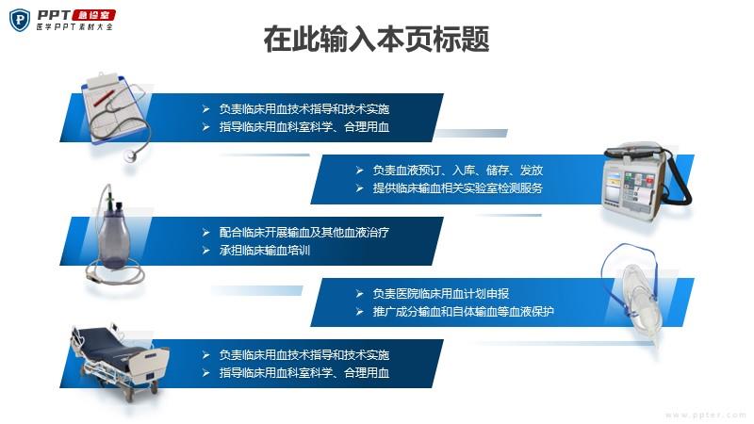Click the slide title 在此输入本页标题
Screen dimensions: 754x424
click(376, 40)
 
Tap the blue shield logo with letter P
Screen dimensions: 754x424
click(20, 20)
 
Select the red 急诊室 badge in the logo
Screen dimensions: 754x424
click(93, 15)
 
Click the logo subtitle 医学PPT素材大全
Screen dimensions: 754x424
click(75, 27)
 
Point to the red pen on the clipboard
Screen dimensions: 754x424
click(106, 98)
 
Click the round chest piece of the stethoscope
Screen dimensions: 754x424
click(130, 155)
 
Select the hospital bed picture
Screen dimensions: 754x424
click(119, 360)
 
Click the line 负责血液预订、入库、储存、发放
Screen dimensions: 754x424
click(458, 171)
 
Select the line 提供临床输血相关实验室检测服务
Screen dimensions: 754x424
click(458, 188)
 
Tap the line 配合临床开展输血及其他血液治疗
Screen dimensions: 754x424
click(304, 233)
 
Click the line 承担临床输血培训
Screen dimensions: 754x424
click(265, 251)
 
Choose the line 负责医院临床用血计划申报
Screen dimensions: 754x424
click(441, 294)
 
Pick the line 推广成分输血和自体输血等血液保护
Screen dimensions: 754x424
click(464, 312)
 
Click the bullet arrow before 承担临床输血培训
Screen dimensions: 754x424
click(205, 251)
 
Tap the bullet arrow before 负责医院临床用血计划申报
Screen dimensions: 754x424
click(359, 294)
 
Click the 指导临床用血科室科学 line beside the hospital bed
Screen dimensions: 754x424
click(304, 372)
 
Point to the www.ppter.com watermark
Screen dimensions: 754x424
click(705, 415)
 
